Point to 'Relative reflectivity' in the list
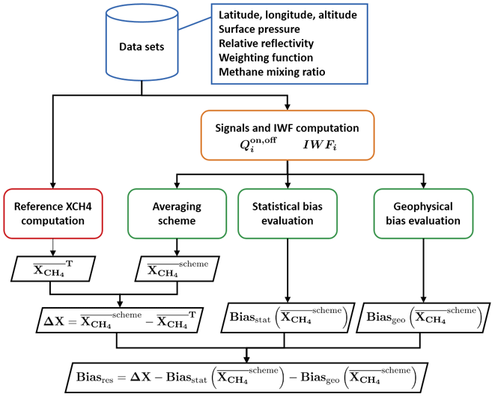coord(265,43)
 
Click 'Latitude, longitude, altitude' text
coord(287,16)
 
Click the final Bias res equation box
coord(246,374)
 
